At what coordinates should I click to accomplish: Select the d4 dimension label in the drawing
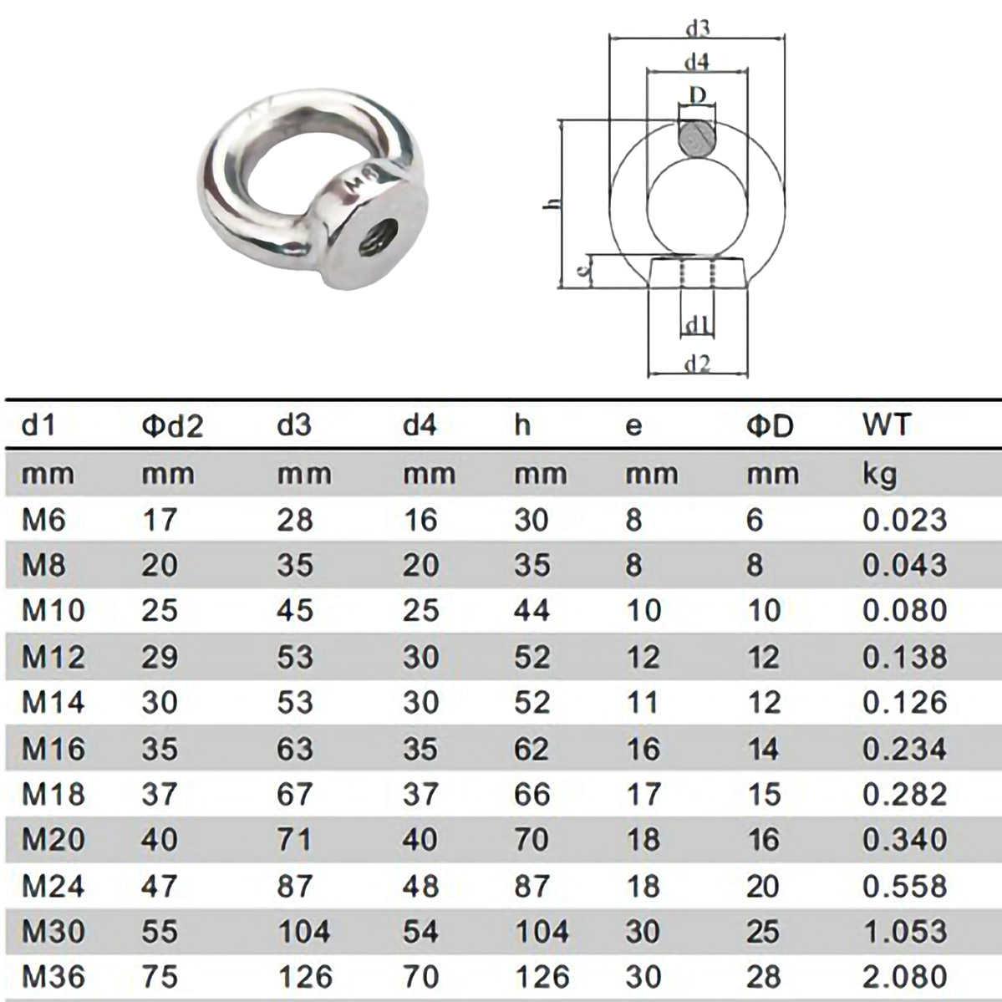(x=696, y=62)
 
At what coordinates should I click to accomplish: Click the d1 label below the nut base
(x=697, y=325)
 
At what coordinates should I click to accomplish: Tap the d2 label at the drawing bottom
(x=697, y=364)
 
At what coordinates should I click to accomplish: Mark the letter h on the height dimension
(x=549, y=205)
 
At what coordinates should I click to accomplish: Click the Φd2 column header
(x=171, y=426)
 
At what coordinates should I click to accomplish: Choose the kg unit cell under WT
(x=880, y=475)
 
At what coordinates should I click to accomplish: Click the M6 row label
(x=43, y=520)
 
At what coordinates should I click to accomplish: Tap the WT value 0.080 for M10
(x=904, y=611)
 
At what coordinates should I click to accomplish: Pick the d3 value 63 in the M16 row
(x=295, y=748)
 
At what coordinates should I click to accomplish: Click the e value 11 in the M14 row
(x=643, y=702)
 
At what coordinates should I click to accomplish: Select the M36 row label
(x=53, y=976)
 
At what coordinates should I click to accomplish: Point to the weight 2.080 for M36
(x=904, y=976)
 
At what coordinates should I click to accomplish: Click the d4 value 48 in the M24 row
(x=420, y=885)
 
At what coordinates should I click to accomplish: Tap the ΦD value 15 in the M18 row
(x=763, y=794)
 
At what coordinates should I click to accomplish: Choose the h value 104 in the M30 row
(x=541, y=931)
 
